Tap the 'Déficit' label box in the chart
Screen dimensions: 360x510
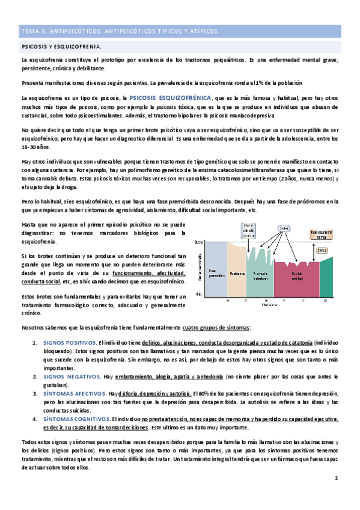point(322,250)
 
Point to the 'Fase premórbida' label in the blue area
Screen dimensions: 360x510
point(215,273)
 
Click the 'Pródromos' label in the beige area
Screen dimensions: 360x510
point(237,273)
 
